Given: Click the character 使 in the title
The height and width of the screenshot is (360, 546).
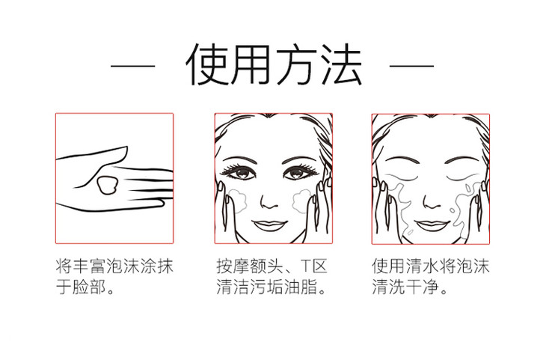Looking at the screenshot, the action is pyautogui.click(x=207, y=65).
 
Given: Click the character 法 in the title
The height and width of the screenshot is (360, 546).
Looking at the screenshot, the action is pyautogui.click(x=340, y=65).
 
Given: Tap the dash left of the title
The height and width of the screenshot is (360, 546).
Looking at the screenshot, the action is pyautogui.click(x=132, y=65).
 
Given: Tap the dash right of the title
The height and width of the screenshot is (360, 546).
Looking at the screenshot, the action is pyautogui.click(x=411, y=65).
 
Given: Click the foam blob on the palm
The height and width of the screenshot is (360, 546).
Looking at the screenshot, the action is pyautogui.click(x=107, y=185).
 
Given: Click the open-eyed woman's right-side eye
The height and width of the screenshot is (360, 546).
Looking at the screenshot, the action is pyautogui.click(x=298, y=172).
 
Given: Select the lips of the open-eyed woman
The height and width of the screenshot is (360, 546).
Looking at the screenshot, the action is pyautogui.click(x=270, y=225).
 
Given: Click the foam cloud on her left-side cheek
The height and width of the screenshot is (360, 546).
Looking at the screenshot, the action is pyautogui.click(x=238, y=201).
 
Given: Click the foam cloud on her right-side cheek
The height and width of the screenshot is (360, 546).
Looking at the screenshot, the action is pyautogui.click(x=301, y=201).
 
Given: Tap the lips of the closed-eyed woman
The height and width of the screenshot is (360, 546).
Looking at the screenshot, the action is pyautogui.click(x=432, y=225).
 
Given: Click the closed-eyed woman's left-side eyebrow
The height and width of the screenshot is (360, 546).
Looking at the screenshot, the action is pyautogui.click(x=402, y=160).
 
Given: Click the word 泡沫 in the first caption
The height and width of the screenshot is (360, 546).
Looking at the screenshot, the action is pyautogui.click(x=123, y=266).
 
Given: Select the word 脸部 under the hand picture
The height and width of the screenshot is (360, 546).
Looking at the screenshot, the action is pyautogui.click(x=89, y=287).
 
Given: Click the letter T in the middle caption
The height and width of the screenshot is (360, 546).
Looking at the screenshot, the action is pyautogui.click(x=305, y=266).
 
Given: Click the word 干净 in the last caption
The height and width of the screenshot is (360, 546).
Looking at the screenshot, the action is pyautogui.click(x=422, y=287).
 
